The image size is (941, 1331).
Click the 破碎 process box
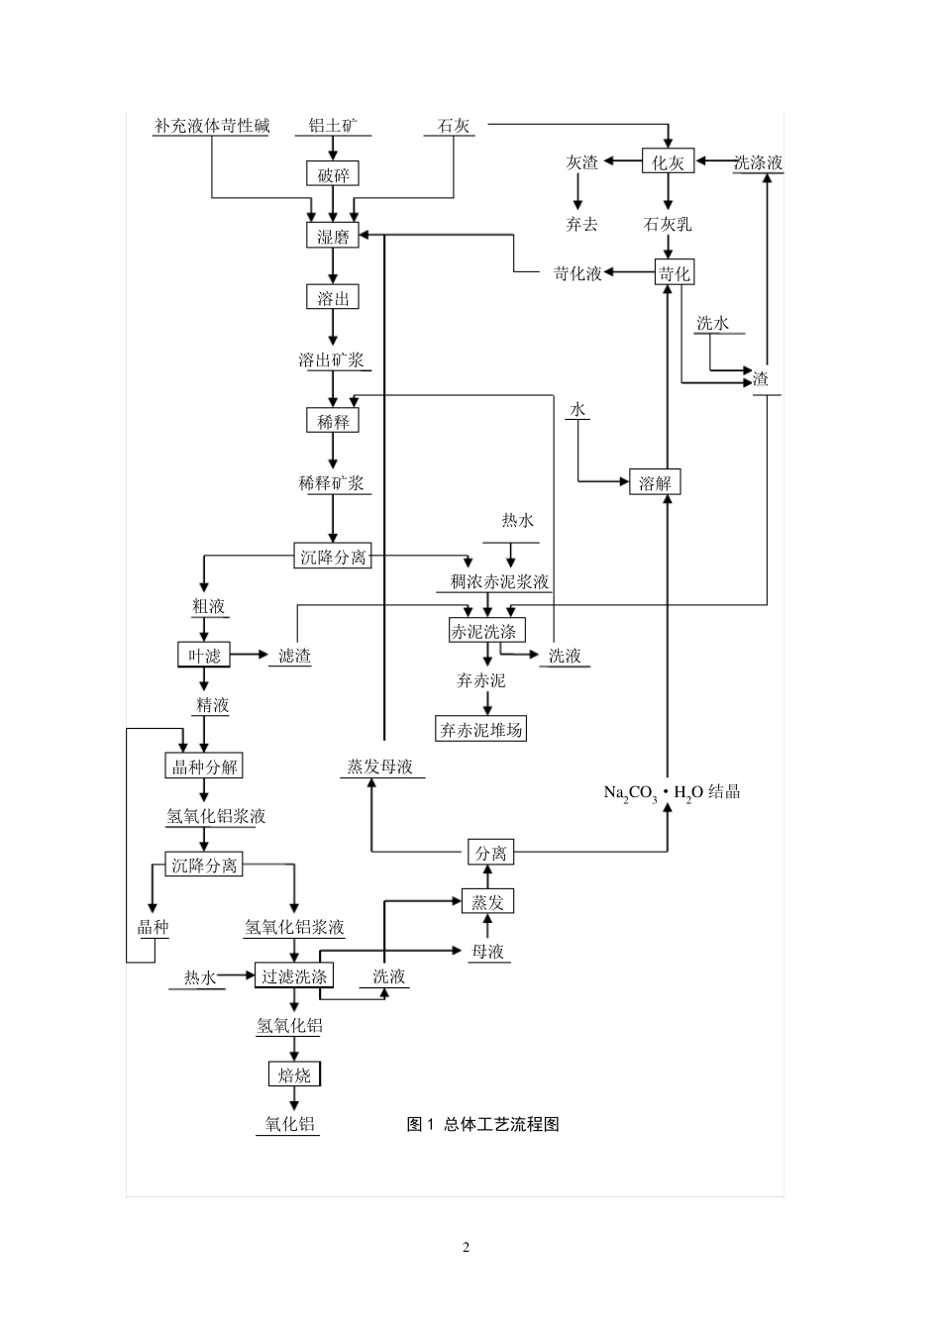pos(332,175)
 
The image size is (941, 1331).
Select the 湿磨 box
pos(332,237)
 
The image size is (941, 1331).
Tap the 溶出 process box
pos(332,298)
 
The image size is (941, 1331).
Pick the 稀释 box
pos(332,422)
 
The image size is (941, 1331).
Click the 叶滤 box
pos(204,655)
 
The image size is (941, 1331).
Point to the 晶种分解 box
pos(203,767)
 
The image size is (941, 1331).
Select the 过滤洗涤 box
pos(294,976)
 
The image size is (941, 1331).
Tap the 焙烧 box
pos(294,1075)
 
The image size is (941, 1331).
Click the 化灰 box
pos(668,162)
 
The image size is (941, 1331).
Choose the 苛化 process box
pos(674,273)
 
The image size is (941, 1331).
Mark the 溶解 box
pos(655,483)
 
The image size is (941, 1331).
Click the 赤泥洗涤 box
pos(486,631)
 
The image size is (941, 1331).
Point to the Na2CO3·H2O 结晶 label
pos(672,792)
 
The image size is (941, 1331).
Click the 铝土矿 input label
pos(333,127)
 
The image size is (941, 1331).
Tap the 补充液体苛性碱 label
pos(212,127)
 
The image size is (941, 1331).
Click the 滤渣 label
pos(294,656)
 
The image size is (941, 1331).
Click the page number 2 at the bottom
pos(466,1247)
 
